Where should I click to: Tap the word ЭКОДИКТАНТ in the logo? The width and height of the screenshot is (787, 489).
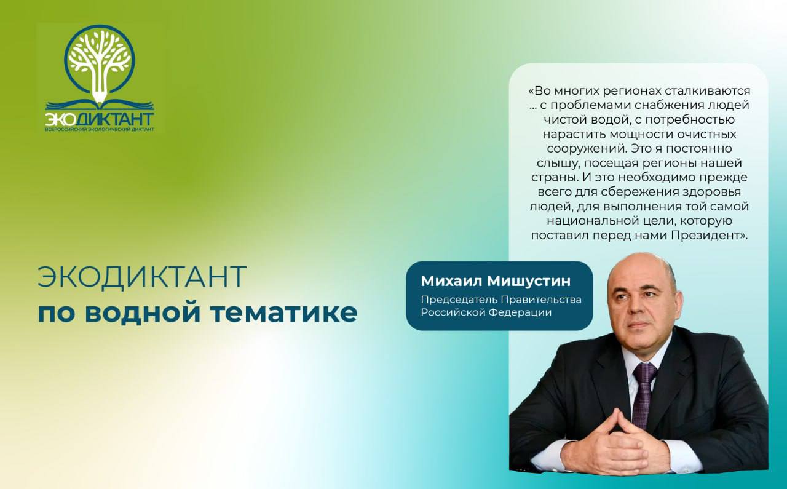click(x=100, y=119)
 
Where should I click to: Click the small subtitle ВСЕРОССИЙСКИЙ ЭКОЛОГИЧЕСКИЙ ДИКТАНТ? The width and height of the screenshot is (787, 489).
click(x=100, y=129)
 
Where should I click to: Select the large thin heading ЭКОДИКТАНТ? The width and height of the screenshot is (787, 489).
click(x=142, y=277)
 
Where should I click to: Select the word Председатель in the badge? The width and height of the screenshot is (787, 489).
click(x=459, y=300)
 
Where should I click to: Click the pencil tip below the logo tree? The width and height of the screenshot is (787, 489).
click(x=100, y=99)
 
